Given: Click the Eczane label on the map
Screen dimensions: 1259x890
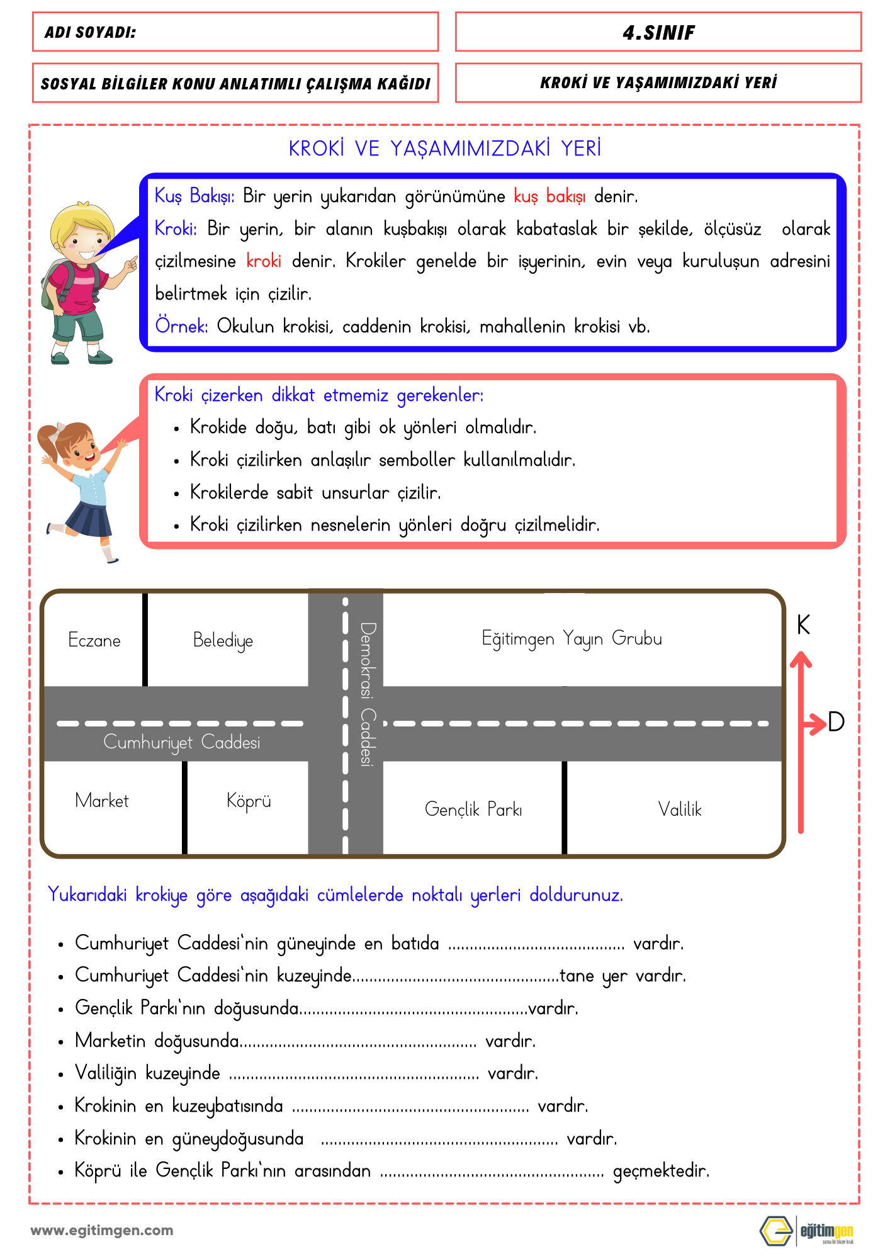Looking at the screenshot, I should (x=94, y=640).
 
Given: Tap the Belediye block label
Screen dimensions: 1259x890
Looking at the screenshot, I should (x=223, y=641).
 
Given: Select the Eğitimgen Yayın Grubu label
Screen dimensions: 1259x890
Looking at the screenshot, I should (x=572, y=638).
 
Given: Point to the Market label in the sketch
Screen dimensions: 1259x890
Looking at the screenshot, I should (x=101, y=801).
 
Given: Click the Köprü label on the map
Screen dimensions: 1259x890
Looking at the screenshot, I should (x=249, y=801).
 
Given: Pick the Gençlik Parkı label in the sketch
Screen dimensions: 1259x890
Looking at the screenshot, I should (x=473, y=809).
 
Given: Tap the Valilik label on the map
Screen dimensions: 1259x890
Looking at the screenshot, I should (x=680, y=809).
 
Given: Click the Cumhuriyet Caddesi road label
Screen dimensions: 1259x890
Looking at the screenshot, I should (x=181, y=743).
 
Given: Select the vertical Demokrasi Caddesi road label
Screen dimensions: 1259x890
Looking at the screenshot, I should (x=368, y=694).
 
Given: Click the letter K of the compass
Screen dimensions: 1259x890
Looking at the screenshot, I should (x=803, y=625).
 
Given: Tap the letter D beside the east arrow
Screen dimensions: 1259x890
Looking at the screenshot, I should (x=836, y=722).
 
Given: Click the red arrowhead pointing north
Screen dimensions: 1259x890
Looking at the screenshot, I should (x=801, y=660).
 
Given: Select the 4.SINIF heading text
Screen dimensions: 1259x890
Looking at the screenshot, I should (x=658, y=33).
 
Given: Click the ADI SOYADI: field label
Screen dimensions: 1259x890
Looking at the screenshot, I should (x=90, y=33).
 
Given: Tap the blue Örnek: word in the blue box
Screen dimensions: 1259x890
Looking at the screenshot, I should (x=181, y=326).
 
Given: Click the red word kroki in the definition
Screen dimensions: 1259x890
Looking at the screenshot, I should (x=264, y=261).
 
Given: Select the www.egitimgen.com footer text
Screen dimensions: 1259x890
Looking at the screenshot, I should (x=102, y=1230).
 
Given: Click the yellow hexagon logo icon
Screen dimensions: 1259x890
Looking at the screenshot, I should (x=776, y=1231).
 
